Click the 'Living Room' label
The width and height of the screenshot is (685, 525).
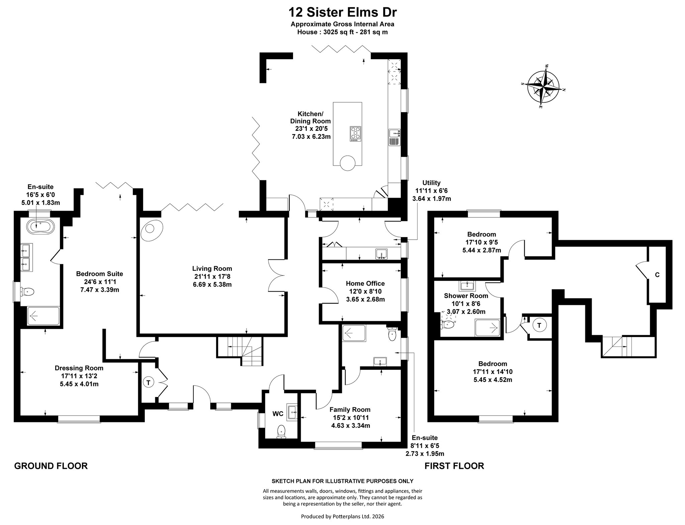212,268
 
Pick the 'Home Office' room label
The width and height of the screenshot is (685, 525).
365,283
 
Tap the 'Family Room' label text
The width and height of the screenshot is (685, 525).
350,409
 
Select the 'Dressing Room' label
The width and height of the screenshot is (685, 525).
79,368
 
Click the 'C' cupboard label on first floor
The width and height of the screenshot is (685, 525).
657,275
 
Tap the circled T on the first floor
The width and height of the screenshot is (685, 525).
539,325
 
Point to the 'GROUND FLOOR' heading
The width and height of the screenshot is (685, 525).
51,466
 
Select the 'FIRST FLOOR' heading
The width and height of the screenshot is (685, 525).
454,466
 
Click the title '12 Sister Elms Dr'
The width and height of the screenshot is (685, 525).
343,12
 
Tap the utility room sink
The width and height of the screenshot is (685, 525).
381,254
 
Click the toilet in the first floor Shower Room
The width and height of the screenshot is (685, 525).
448,324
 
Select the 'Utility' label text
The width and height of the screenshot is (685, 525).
431,183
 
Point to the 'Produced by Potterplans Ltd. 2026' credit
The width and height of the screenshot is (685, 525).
342,516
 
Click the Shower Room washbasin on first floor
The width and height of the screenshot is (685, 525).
467,286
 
